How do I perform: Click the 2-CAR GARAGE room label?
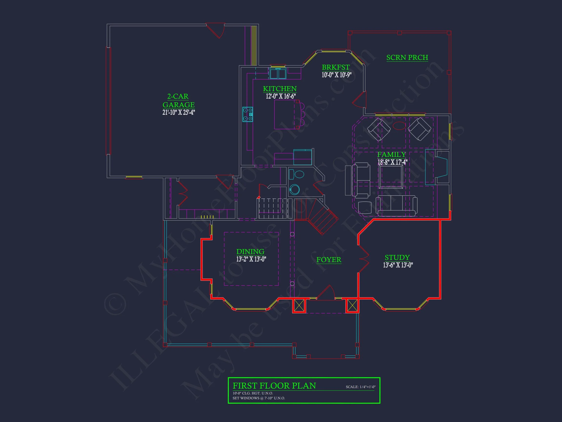pos(178,100)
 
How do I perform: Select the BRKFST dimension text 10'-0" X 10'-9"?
pos(336,75)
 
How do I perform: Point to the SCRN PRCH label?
pos(407,57)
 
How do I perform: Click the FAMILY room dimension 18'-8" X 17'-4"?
pos(392,162)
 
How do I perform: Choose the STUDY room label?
pos(397,257)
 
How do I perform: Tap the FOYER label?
pos(329,260)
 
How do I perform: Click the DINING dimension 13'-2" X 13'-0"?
pos(251,259)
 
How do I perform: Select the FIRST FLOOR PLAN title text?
pos(274,386)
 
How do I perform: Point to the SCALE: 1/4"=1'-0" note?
pos(360,387)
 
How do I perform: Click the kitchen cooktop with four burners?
pos(248,114)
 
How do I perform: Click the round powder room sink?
pos(295,190)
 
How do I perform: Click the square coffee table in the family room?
pos(391,177)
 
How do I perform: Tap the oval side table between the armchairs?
pos(399,126)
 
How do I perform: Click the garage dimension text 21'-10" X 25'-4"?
pos(178,112)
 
